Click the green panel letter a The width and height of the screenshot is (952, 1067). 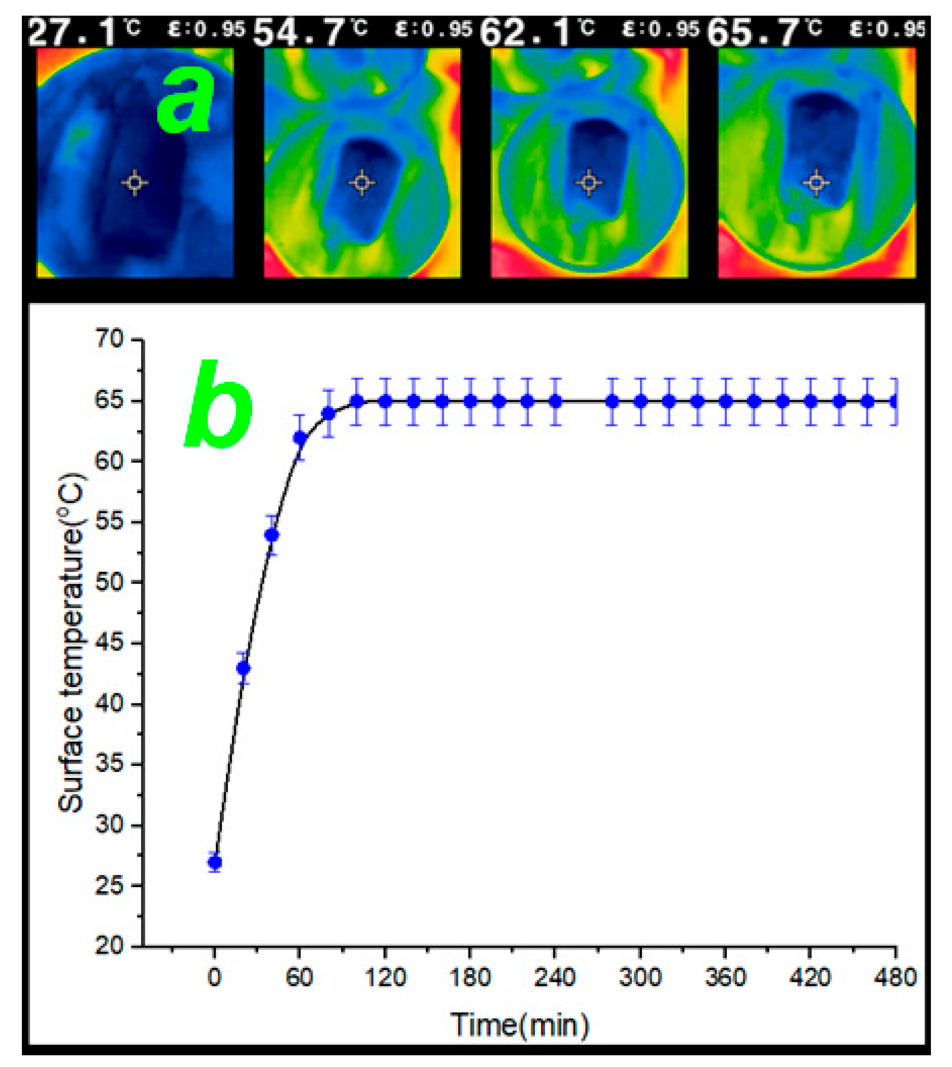(186, 102)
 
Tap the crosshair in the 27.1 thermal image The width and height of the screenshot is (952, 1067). (135, 183)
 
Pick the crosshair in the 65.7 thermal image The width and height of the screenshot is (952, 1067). (816, 183)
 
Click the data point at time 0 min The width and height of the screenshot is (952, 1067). (215, 862)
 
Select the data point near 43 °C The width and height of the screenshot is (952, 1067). (243, 668)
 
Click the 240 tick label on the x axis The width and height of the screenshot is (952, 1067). (555, 977)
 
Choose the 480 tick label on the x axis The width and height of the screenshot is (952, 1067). (896, 977)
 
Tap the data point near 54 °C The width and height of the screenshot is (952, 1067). (271, 535)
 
